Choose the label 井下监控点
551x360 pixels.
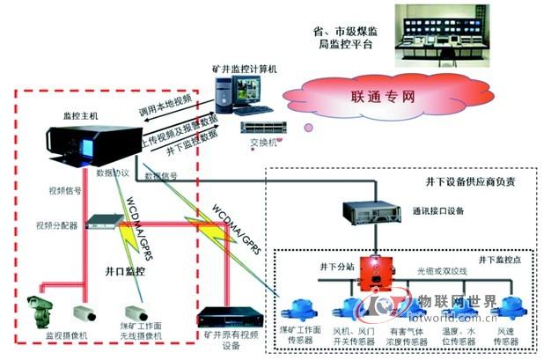498,260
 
